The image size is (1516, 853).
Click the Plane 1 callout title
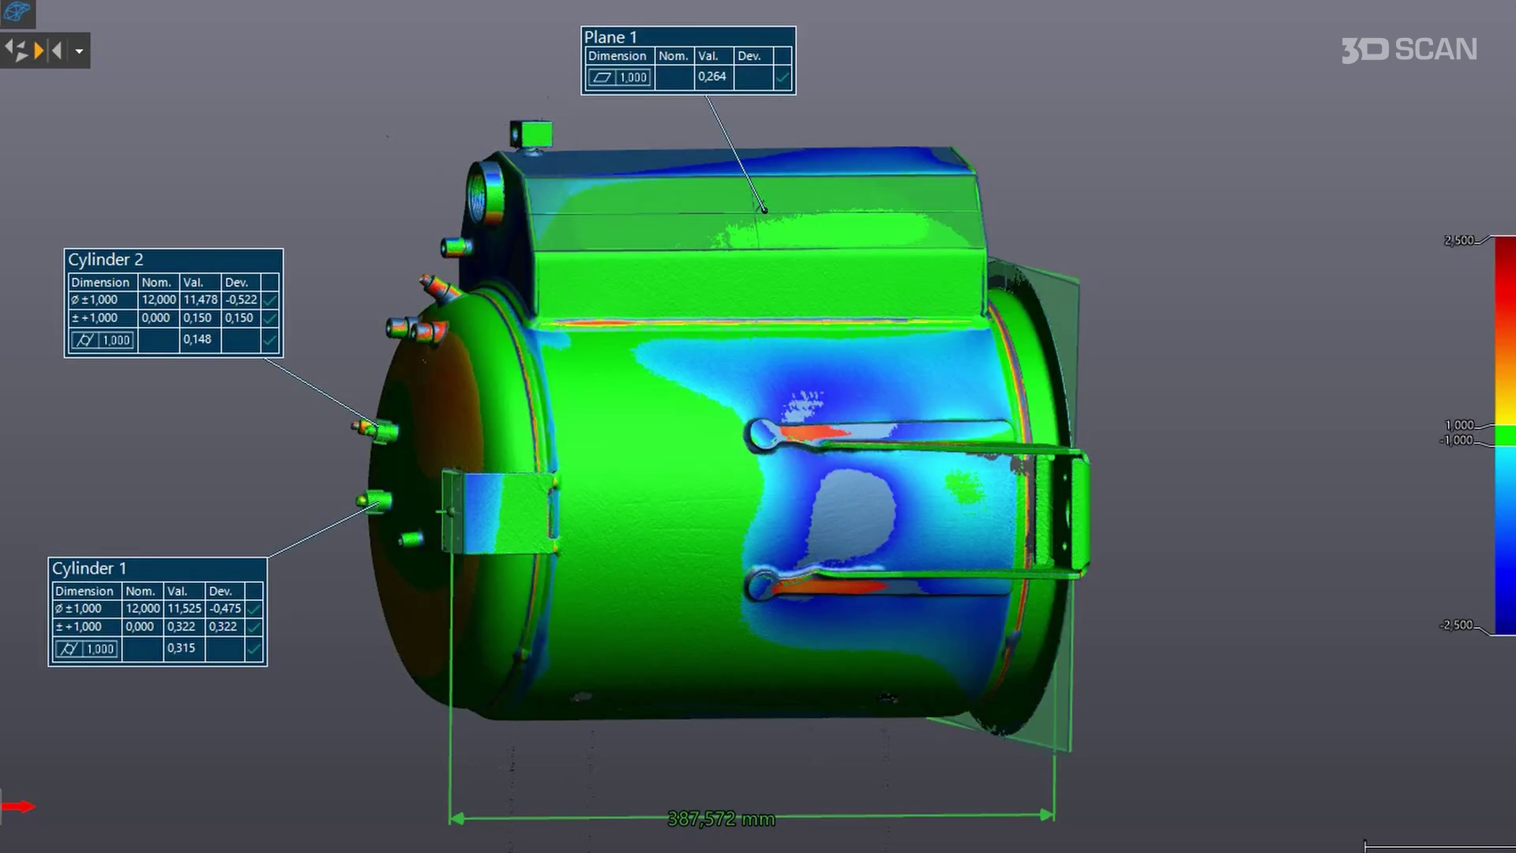[x=610, y=37]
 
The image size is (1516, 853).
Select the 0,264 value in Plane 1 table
[x=711, y=77]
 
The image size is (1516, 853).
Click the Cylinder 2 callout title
[x=106, y=260]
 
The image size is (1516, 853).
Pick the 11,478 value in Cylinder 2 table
[x=201, y=300]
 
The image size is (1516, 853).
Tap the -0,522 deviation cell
[x=241, y=300]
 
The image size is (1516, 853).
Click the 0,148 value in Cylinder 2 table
[x=197, y=340]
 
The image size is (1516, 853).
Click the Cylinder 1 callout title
[x=89, y=569]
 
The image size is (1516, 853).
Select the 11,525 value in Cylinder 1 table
[x=184, y=609]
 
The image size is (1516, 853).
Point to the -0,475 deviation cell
[x=225, y=609]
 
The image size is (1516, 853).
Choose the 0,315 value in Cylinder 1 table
[x=181, y=648]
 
